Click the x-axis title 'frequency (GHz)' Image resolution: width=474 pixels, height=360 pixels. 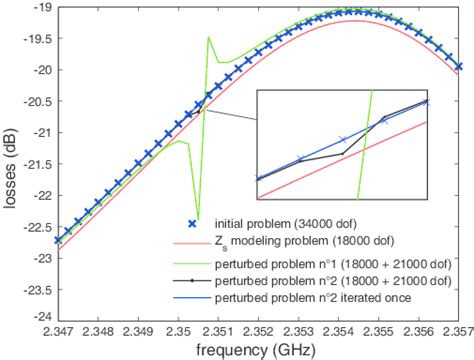tap(258, 349)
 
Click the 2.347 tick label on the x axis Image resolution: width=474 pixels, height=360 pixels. tap(55, 330)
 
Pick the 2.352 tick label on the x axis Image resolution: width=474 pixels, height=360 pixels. tap(258, 330)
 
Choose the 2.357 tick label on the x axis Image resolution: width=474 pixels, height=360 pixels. tap(460, 330)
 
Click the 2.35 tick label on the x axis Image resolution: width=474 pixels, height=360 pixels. tap(177, 330)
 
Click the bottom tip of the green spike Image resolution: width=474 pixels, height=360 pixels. tap(197, 218)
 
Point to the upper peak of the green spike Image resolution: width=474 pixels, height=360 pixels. tap(208, 37)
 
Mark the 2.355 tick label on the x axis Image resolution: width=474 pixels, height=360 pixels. tap(379, 330)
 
